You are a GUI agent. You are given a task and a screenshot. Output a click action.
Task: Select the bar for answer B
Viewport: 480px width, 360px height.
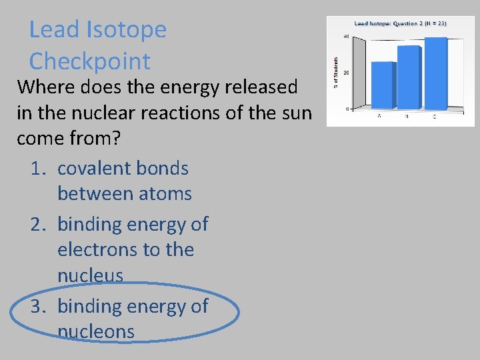[409, 76]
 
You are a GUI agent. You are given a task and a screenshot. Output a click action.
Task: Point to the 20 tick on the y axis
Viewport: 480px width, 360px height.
[347, 72]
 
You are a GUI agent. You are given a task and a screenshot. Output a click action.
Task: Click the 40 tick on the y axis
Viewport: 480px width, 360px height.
[347, 36]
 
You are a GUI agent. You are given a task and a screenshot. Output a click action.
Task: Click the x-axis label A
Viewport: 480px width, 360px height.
[379, 116]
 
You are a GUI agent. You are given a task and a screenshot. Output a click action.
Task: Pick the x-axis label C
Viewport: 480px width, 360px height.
[435, 116]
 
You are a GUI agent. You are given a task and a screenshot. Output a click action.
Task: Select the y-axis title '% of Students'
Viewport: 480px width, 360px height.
[336, 72]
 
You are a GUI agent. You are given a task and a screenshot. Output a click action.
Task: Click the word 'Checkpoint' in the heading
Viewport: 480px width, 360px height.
[89, 61]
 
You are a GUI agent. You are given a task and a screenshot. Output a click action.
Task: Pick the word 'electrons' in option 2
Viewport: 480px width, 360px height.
[92, 250]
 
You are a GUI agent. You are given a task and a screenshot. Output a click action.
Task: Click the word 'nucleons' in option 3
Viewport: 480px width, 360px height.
[96, 331]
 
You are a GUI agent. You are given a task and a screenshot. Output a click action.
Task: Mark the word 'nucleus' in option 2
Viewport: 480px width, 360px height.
[90, 275]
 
